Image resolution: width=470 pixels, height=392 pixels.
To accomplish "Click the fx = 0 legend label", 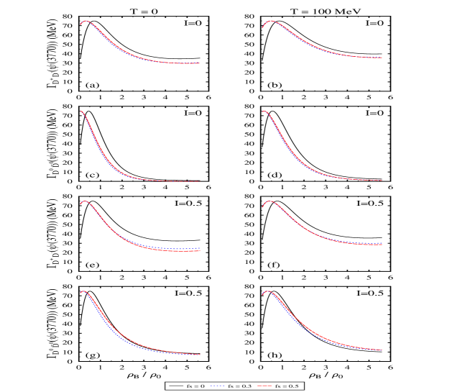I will coord(198,386).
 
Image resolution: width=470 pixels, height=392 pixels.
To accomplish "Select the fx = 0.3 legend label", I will coord(241,386).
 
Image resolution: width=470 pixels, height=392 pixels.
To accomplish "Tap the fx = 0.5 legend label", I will coord(287,386).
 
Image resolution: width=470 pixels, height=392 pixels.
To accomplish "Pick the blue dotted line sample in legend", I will coord(218,386).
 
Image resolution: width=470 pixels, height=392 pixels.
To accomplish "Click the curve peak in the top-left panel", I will coord(86,21).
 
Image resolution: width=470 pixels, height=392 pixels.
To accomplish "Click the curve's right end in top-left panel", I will coord(199,63).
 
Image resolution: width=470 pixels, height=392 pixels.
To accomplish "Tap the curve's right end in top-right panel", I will coord(382,58).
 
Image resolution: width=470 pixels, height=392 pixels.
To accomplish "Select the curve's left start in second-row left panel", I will coord(80,111).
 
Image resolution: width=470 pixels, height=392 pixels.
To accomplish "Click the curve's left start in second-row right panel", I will coord(263,111).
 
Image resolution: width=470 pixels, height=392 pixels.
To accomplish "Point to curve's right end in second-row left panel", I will coord(199,181).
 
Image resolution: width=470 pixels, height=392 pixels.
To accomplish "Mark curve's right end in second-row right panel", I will coord(382,180).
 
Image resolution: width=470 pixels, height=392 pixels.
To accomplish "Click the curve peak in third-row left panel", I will coord(86,201).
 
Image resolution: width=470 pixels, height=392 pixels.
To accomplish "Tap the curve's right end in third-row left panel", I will coord(199,250).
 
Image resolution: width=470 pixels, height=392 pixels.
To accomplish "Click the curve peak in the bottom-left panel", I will coord(84,291).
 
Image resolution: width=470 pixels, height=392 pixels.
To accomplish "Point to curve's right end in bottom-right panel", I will coord(382,350).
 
